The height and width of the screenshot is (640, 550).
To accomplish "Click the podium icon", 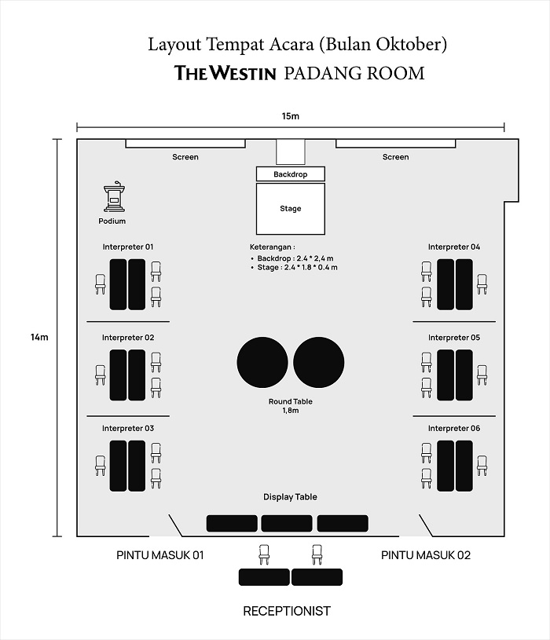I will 115,199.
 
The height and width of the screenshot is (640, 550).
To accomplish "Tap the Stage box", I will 291,209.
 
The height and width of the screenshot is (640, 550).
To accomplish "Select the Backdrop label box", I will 291,174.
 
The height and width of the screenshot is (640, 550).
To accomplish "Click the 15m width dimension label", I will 291,117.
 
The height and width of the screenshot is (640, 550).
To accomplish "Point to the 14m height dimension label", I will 39,338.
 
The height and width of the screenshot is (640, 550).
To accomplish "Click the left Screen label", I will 185,157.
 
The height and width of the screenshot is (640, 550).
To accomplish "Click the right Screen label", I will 395,157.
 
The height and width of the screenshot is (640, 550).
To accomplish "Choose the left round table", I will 262,361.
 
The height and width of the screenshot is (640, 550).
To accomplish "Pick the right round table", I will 319,361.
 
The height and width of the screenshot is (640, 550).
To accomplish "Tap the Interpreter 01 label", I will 128,247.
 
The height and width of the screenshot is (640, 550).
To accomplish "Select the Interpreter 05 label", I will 454,338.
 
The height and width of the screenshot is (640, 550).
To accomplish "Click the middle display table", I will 287,523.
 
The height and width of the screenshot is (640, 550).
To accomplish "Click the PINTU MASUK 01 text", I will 160,555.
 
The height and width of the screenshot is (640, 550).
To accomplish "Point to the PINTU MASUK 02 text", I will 426,555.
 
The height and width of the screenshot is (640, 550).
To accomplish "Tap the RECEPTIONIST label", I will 287,611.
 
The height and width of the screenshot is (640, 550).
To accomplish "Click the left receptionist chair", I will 264,554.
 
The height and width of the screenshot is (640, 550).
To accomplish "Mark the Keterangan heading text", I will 273,247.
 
